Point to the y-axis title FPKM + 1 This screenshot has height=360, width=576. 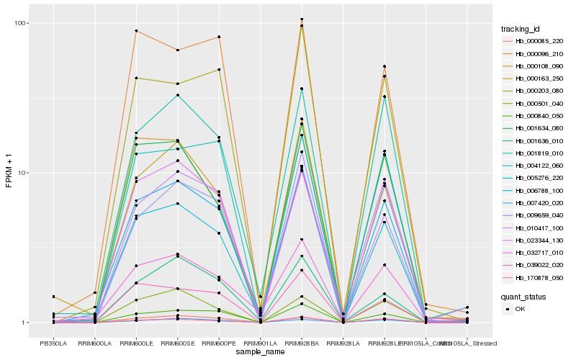click(9, 173)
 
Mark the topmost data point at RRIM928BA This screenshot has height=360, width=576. click(302, 19)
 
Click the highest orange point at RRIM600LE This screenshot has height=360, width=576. click(136, 31)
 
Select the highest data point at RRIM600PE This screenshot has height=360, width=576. click(219, 37)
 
